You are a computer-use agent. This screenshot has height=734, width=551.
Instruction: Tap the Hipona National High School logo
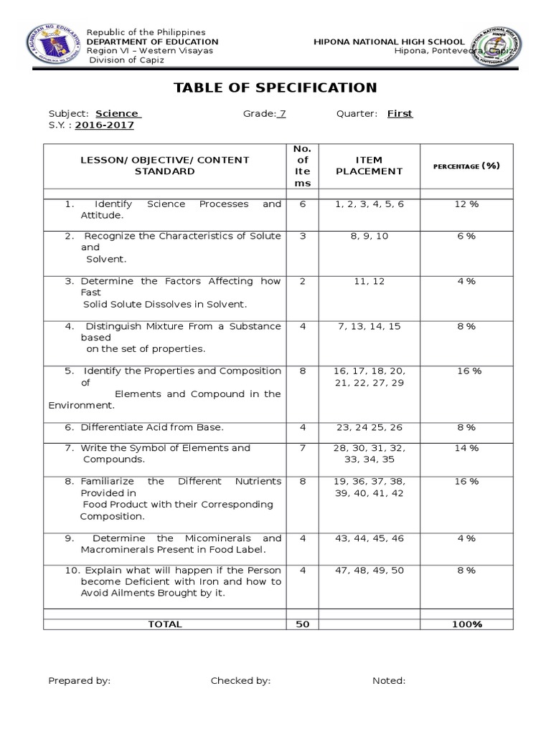[501, 48]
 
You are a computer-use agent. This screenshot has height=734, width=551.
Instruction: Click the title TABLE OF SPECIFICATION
[275, 88]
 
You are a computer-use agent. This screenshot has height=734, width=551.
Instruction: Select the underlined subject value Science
[118, 113]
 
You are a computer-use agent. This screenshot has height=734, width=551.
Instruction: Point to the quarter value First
[400, 113]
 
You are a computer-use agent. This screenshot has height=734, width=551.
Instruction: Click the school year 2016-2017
[104, 125]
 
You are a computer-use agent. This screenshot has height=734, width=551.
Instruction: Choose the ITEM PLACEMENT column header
[369, 166]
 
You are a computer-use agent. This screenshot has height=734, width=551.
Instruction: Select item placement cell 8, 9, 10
[369, 236]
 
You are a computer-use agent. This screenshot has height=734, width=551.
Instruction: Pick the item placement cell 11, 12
[369, 281]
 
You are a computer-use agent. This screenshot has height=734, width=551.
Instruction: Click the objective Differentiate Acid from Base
[152, 427]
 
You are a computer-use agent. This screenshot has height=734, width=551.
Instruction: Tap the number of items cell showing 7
[302, 448]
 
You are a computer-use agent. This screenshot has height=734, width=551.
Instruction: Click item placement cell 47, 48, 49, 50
[369, 571]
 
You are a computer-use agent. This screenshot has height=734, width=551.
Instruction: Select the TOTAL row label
[165, 624]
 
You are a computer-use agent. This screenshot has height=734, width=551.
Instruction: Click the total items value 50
[302, 624]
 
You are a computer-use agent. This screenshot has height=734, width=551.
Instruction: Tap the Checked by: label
[240, 681]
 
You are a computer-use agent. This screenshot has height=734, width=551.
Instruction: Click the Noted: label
[388, 681]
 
